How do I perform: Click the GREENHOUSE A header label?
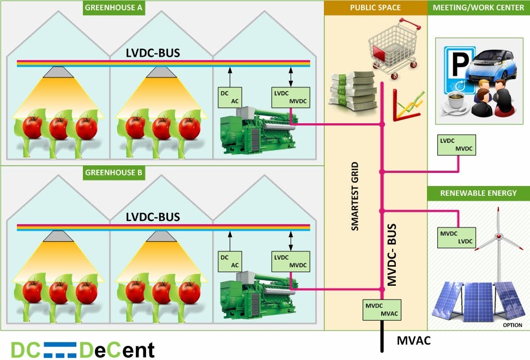click(113, 9)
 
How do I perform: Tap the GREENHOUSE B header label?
click(113, 173)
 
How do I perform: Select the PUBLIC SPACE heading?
click(375, 8)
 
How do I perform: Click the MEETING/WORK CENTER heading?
click(478, 8)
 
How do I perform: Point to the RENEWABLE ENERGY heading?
click(478, 193)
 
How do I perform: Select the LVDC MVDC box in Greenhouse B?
click(290, 261)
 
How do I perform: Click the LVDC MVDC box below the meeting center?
click(456, 145)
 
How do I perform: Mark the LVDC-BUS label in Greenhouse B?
click(153, 217)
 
